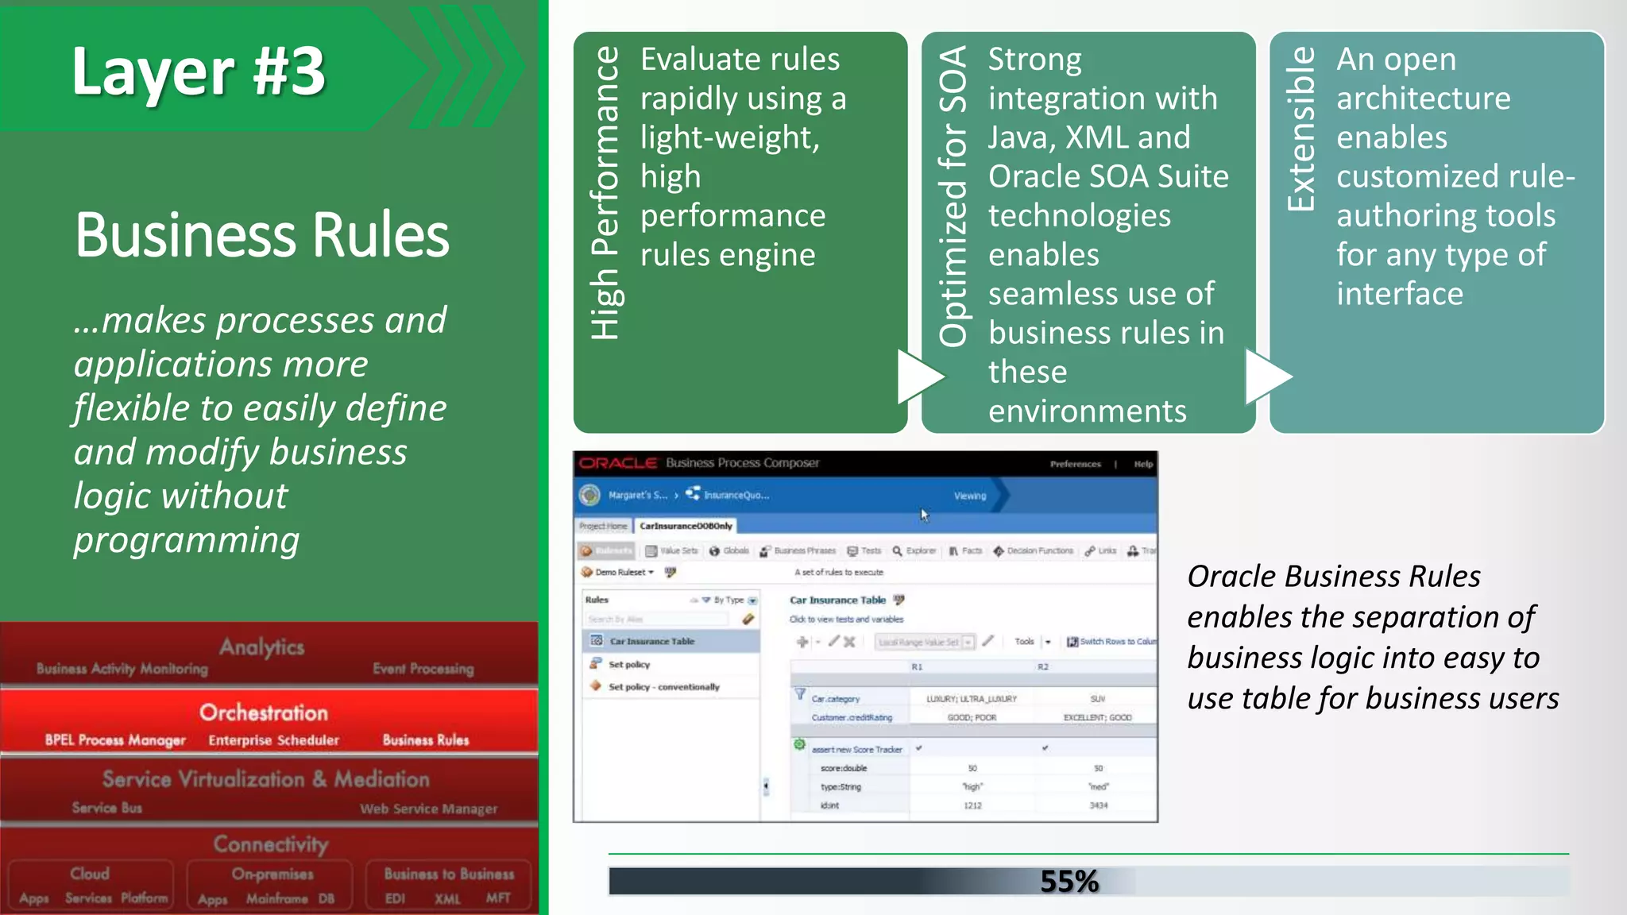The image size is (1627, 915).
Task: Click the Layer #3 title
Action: [199, 71]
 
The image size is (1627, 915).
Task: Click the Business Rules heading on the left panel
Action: [262, 235]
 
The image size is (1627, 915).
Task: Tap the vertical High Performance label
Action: [606, 193]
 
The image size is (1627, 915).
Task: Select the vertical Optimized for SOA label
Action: [953, 196]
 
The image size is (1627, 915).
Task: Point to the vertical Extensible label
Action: [1300, 129]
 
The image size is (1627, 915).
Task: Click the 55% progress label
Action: [1069, 881]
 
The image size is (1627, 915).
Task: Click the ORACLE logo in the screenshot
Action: [618, 463]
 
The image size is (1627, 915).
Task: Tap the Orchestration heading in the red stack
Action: [263, 712]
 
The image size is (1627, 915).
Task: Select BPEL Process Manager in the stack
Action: [115, 740]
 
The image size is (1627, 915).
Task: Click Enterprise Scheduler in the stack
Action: [273, 740]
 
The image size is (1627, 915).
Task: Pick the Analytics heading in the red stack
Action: [261, 647]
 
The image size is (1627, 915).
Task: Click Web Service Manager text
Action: [428, 809]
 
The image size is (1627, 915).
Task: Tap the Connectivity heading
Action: [270, 844]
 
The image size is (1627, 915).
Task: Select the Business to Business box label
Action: [449, 874]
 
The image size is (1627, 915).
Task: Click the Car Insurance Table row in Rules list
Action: [651, 641]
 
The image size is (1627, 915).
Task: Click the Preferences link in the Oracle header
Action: [1075, 464]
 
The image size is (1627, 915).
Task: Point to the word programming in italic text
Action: [187, 540]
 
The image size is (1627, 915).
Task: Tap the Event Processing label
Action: [423, 669]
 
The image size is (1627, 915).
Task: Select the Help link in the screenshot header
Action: [1143, 464]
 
